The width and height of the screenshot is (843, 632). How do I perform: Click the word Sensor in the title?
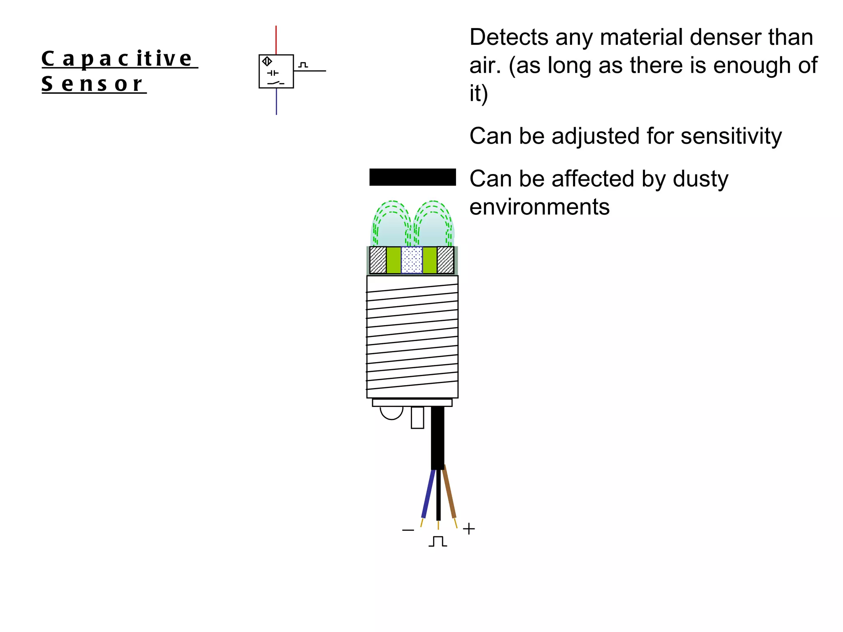[92, 84]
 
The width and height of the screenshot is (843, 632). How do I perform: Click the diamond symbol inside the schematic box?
[267, 62]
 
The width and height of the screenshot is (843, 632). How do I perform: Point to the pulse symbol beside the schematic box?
[303, 65]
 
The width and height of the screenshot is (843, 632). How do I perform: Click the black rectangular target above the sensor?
[412, 177]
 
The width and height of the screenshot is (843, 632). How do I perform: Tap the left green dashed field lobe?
[391, 224]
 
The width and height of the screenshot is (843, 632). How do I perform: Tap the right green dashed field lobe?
[433, 224]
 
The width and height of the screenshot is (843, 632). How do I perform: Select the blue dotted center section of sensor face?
[412, 260]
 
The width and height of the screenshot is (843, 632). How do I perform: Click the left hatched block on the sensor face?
[378, 260]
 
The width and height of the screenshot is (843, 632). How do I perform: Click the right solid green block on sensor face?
[430, 260]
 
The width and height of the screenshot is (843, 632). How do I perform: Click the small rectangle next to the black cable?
[417, 418]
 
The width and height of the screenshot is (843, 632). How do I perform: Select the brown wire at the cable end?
[449, 494]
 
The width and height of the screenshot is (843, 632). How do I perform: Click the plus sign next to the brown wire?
[469, 529]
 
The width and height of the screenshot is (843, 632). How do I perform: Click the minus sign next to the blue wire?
[408, 530]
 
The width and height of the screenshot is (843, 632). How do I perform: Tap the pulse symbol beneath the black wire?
[438, 541]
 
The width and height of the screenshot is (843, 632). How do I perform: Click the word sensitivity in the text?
[731, 136]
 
